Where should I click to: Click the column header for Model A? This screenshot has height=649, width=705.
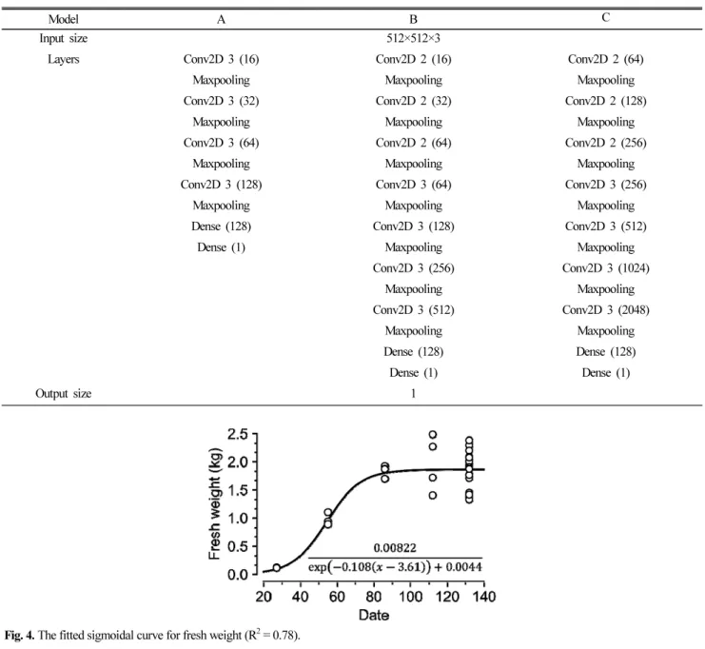pyautogui.click(x=221, y=19)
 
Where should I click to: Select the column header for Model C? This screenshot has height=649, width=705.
pyautogui.click(x=606, y=17)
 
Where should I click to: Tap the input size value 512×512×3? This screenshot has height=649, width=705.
pyautogui.click(x=413, y=38)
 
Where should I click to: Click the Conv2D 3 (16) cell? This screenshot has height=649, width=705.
pyautogui.click(x=221, y=59)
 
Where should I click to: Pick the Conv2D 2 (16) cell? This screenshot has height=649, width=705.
pyautogui.click(x=413, y=59)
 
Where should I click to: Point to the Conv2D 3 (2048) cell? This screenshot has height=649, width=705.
pyautogui.click(x=606, y=310)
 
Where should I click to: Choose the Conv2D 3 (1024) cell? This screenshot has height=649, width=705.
pyautogui.click(x=606, y=268)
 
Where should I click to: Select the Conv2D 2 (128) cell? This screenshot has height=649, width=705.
pyautogui.click(x=606, y=101)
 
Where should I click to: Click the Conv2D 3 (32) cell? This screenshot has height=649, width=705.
pyautogui.click(x=221, y=101)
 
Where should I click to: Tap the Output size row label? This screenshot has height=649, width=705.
pyautogui.click(x=64, y=394)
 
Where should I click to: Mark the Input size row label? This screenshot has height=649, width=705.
pyautogui.click(x=64, y=39)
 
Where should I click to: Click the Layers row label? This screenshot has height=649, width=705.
pyautogui.click(x=64, y=59)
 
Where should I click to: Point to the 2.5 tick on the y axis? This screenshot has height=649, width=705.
pyautogui.click(x=238, y=435)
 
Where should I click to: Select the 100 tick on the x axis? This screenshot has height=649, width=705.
pyautogui.click(x=410, y=597)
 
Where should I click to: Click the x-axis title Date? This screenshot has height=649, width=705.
pyautogui.click(x=374, y=615)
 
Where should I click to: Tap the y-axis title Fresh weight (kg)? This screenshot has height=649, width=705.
pyautogui.click(x=215, y=503)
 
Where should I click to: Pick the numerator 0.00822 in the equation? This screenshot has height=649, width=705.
pyautogui.click(x=395, y=548)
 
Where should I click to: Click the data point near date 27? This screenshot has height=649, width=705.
pyautogui.click(x=277, y=567)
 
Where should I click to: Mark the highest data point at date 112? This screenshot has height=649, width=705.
pyautogui.click(x=433, y=435)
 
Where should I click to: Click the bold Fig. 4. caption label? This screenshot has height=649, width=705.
pyautogui.click(x=19, y=636)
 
